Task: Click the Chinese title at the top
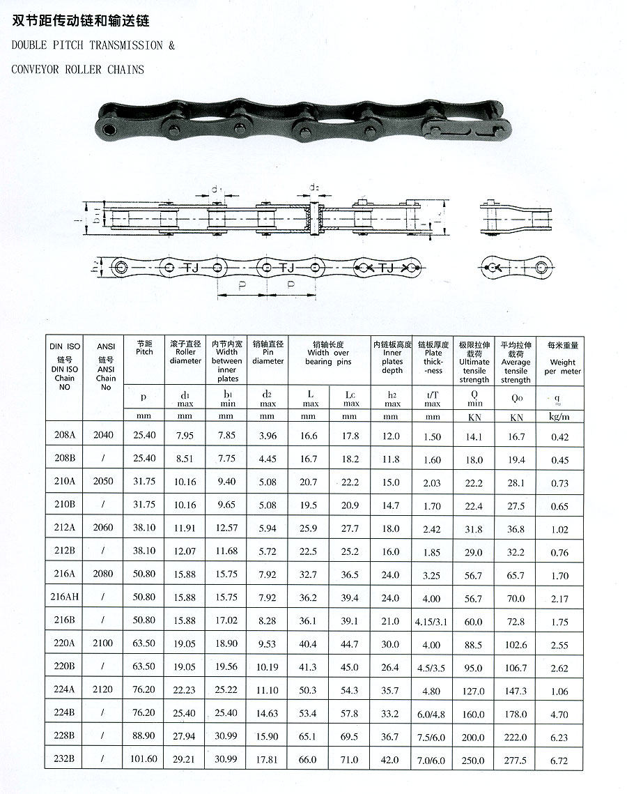pos(80,21)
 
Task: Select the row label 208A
pos(65,434)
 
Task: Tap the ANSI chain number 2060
pos(103,527)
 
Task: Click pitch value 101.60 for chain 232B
pos(144,758)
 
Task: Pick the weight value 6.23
pos(559,738)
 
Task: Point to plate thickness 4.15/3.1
pos(431,621)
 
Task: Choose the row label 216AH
pos(65,597)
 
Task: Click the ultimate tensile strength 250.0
pos(473,760)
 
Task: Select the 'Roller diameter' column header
pos(185,352)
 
